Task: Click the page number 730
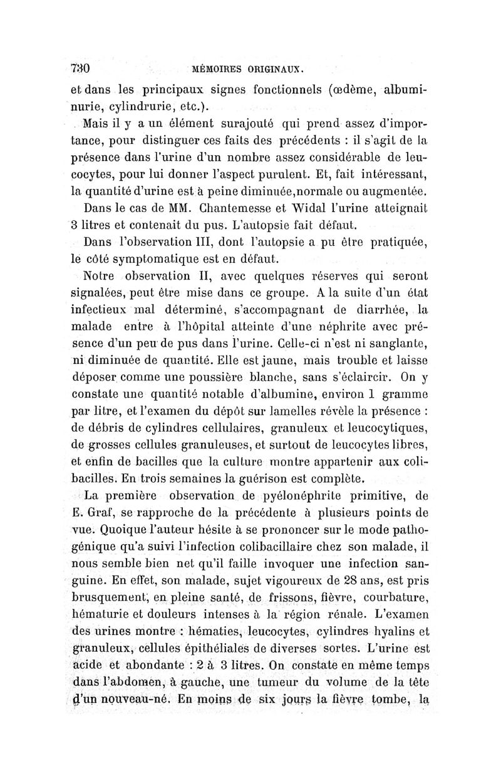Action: (x=82, y=68)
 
